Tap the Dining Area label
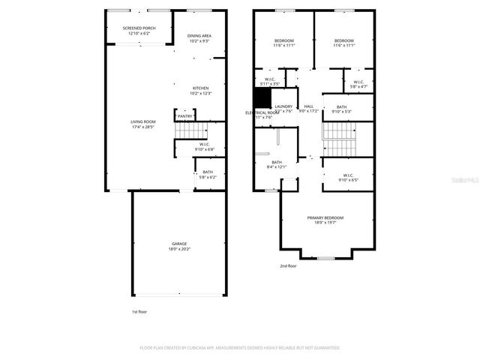click(199, 38)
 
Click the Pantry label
click(184, 116)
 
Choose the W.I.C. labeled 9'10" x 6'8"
click(204, 146)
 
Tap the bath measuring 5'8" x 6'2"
click(208, 175)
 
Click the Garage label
click(179, 246)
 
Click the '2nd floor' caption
click(289, 265)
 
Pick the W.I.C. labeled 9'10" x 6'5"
click(349, 178)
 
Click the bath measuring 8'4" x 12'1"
click(277, 165)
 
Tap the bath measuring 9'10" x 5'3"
click(342, 109)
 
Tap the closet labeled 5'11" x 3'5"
click(270, 81)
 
